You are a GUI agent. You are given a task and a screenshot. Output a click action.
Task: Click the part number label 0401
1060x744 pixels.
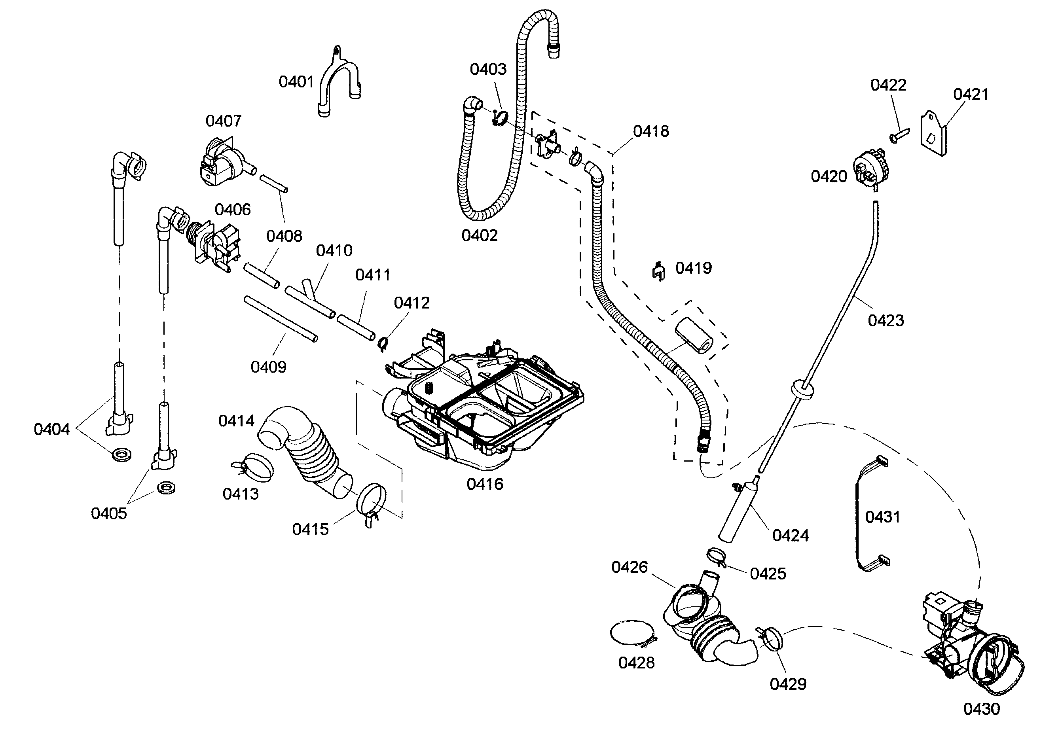click(x=296, y=82)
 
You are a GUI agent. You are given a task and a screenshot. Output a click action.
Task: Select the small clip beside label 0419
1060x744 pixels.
click(x=659, y=271)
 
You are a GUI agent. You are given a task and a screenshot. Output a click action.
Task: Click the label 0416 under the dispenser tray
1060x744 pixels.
click(x=485, y=484)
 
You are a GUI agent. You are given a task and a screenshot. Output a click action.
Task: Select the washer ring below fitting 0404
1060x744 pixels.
click(x=121, y=454)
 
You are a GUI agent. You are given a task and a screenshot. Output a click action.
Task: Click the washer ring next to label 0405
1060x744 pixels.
click(x=166, y=487)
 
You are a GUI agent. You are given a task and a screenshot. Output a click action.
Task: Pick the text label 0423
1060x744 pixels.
click(x=886, y=320)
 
